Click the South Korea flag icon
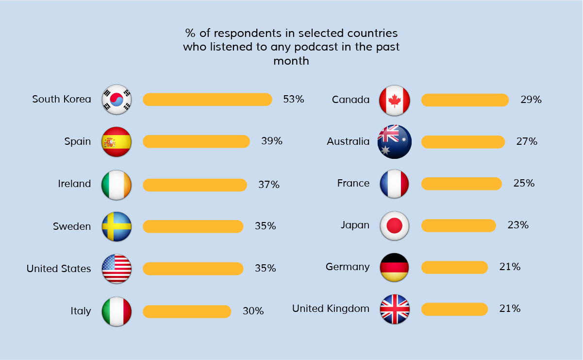(x=117, y=100)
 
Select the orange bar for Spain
(x=196, y=141)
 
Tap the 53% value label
(x=294, y=99)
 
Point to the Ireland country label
(x=74, y=184)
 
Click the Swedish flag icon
(x=117, y=226)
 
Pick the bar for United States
(x=193, y=269)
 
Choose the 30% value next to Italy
(x=253, y=311)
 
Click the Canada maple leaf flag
(x=394, y=100)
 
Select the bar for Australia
(x=463, y=142)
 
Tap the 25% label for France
(x=524, y=183)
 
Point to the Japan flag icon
(x=394, y=225)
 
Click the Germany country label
(x=348, y=267)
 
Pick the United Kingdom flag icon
(x=394, y=309)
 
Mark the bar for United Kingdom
(x=454, y=309)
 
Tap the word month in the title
(x=291, y=61)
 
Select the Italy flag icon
(x=117, y=311)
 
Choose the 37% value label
(x=269, y=185)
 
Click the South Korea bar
(x=207, y=99)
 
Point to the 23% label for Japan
(x=518, y=225)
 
